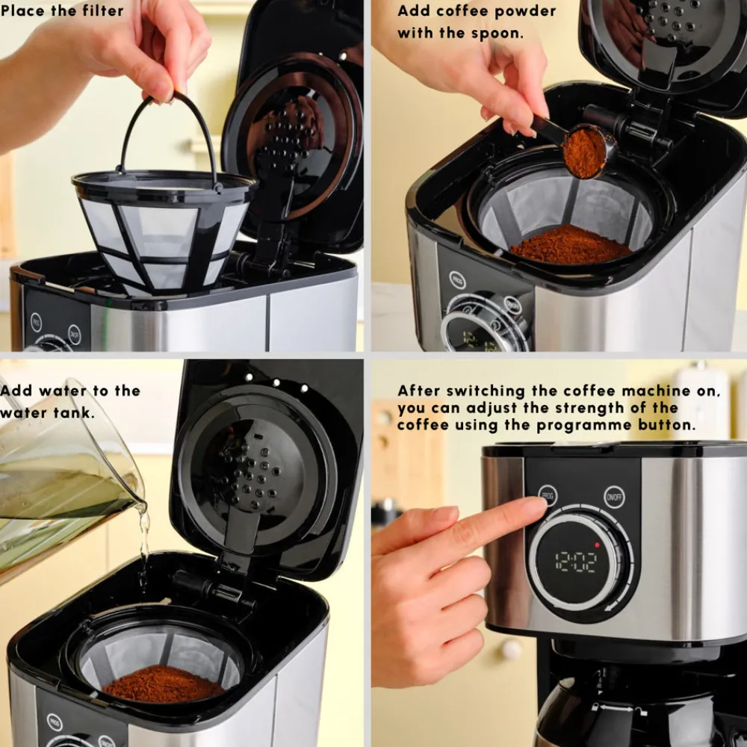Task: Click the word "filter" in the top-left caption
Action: (102, 10)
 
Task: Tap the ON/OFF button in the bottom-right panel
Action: (615, 498)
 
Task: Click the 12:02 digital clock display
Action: (576, 562)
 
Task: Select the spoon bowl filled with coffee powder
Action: (584, 152)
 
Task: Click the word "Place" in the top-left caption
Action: (28, 10)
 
